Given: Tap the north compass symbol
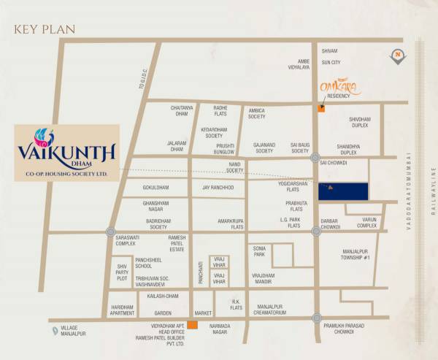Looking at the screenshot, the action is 397,55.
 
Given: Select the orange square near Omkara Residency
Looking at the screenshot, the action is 321,109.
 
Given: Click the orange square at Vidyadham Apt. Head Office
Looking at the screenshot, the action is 192,325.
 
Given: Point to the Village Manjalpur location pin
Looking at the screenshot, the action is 55,331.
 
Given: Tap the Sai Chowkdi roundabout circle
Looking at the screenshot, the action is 315,158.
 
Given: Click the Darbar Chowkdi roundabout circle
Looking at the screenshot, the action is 316,231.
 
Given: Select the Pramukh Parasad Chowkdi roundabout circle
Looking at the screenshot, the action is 316,318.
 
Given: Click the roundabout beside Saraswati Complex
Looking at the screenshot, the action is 110,232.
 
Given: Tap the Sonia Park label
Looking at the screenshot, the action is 259,251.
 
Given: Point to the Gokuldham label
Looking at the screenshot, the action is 155,188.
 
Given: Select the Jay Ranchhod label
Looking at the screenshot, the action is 218,188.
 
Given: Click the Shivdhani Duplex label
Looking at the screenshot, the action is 360,122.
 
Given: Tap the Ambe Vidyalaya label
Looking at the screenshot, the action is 300,64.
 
